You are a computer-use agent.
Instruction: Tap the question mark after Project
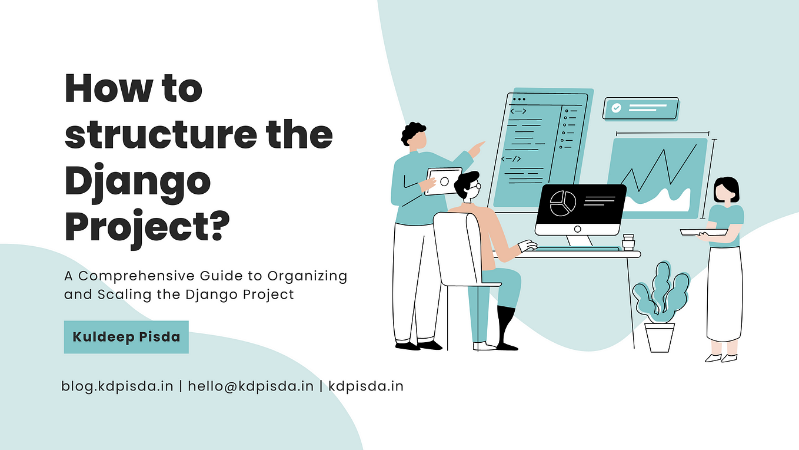pyautogui.click(x=218, y=225)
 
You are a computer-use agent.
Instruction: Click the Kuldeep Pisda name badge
pyautogui.click(x=126, y=337)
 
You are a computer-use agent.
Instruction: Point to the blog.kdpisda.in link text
pyautogui.click(x=117, y=386)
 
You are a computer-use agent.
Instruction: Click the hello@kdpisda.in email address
pyautogui.click(x=251, y=386)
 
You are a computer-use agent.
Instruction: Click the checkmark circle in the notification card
pyautogui.click(x=616, y=108)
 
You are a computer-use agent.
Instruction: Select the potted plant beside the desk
pyautogui.click(x=661, y=307)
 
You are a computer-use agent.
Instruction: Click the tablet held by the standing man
pyautogui.click(x=444, y=181)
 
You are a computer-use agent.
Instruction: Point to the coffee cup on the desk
pyautogui.click(x=628, y=242)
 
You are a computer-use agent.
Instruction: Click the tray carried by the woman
pyautogui.click(x=704, y=232)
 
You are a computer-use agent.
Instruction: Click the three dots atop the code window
pyautogui.click(x=519, y=99)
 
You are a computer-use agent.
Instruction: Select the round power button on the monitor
pyautogui.click(x=578, y=229)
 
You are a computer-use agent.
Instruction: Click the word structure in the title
pyautogui.click(x=161, y=135)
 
